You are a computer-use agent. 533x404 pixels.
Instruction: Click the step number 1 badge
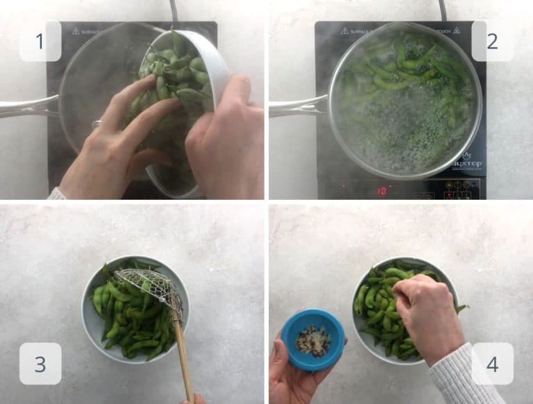(x=40, y=41)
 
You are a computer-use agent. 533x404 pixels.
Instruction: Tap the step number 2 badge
(x=492, y=41)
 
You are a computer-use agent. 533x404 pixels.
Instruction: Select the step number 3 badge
(x=40, y=363)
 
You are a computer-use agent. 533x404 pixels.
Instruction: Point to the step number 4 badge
(x=492, y=363)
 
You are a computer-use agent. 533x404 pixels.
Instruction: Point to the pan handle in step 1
(x=28, y=107)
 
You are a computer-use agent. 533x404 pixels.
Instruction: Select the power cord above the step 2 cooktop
(x=441, y=10)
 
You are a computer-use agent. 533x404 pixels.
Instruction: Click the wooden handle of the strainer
(x=184, y=361)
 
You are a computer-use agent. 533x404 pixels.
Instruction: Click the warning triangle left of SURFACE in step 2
(x=344, y=31)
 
